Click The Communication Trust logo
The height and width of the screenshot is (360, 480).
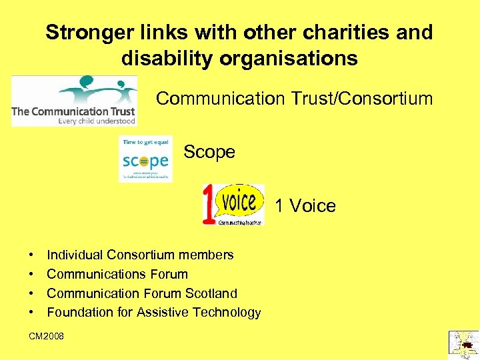tap(74, 101)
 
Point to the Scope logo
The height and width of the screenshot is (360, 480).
tap(145, 159)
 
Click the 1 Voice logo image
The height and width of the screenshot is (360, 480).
tap(233, 205)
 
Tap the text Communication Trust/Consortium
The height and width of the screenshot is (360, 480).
tap(294, 99)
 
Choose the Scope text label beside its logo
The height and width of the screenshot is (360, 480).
tap(209, 152)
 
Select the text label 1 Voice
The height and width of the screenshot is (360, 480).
tap(305, 206)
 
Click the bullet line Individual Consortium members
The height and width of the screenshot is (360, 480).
tap(140, 255)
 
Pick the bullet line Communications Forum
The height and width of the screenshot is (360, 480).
tap(117, 274)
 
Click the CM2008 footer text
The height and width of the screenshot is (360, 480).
tap(47, 337)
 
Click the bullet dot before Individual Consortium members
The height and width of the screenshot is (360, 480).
tap(31, 255)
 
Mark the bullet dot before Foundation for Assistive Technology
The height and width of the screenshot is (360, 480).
tap(31, 313)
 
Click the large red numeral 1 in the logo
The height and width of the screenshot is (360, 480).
tap(209, 205)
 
